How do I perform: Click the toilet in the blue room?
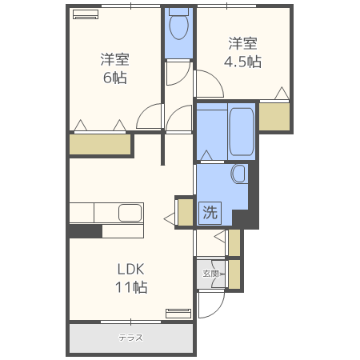click(x=179, y=26)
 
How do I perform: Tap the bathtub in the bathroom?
click(x=241, y=130)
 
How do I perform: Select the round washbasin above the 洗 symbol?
click(x=238, y=174)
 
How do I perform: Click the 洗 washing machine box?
click(x=210, y=213)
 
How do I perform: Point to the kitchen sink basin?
click(x=130, y=213)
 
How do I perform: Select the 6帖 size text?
click(x=115, y=78)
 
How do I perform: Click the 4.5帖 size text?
click(x=243, y=60)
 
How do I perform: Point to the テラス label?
click(x=130, y=338)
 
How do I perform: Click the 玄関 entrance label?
click(x=210, y=274)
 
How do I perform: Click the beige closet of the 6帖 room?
click(x=100, y=145)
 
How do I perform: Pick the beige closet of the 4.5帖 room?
click(x=274, y=117)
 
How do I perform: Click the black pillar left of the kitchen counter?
click(x=85, y=231)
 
